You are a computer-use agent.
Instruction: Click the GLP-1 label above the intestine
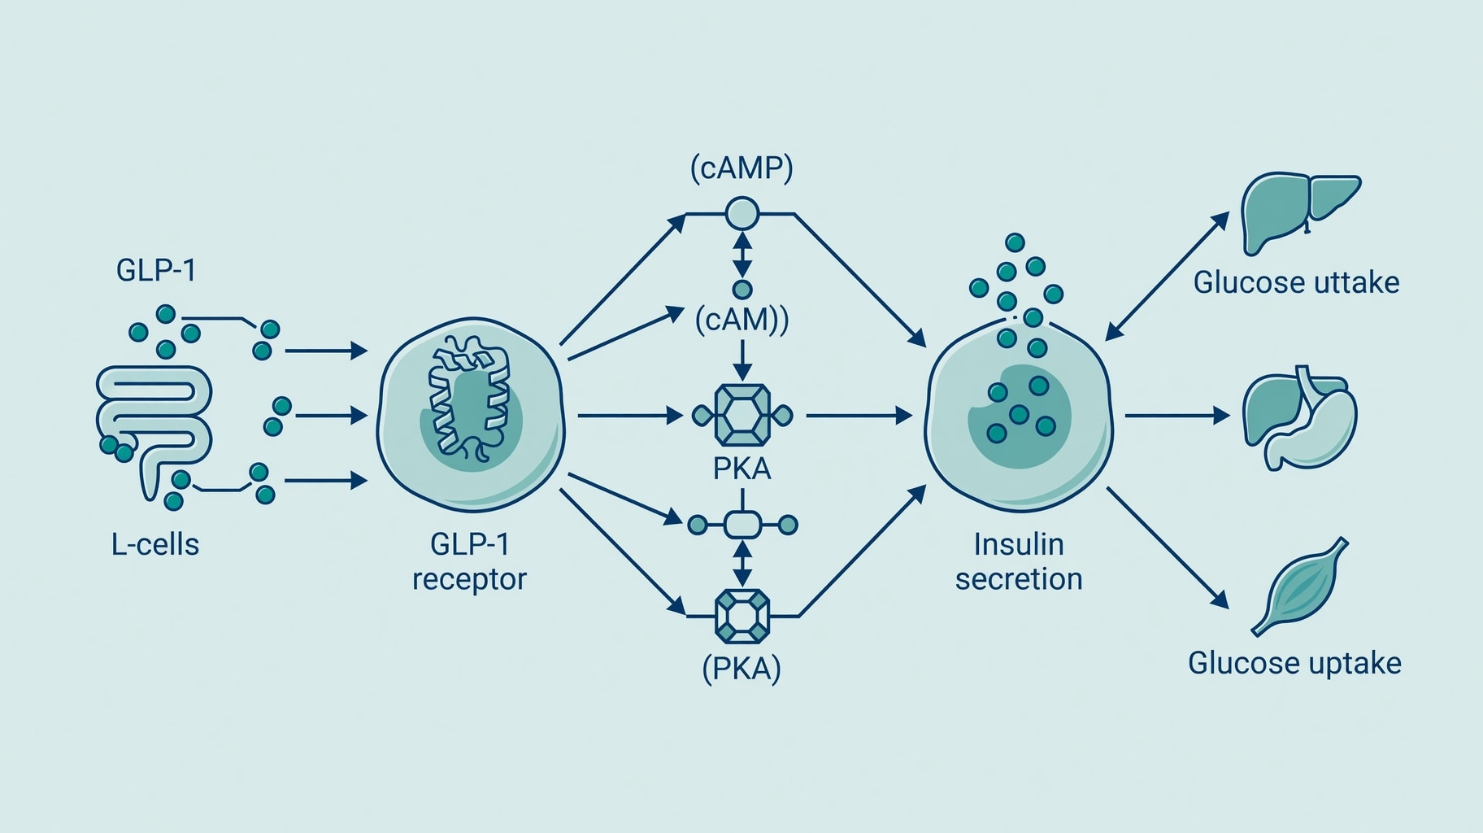pos(156,270)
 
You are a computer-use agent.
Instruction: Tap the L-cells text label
pos(155,544)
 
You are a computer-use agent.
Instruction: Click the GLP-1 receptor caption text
pos(469,561)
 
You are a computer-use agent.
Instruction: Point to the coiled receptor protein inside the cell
pos(470,399)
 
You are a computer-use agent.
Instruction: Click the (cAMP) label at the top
pos(741,168)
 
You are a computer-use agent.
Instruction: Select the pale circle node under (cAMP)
pos(741,214)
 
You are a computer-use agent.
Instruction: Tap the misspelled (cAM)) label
pos(741,320)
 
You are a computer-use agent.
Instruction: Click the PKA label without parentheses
pos(741,469)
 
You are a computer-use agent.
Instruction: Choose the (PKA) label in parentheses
pos(741,669)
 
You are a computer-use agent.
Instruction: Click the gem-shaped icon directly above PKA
pos(741,416)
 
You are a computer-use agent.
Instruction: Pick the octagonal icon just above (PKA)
pos(741,617)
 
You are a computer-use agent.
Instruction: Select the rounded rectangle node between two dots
pos(741,525)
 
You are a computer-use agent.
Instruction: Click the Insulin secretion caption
pos(1019,561)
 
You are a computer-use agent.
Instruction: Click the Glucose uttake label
pos(1297,283)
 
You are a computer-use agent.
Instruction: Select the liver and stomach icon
pos(1299,417)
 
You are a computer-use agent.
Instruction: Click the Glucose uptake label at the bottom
pos(1294,664)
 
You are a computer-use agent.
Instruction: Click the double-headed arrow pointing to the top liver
pos(1167,277)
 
